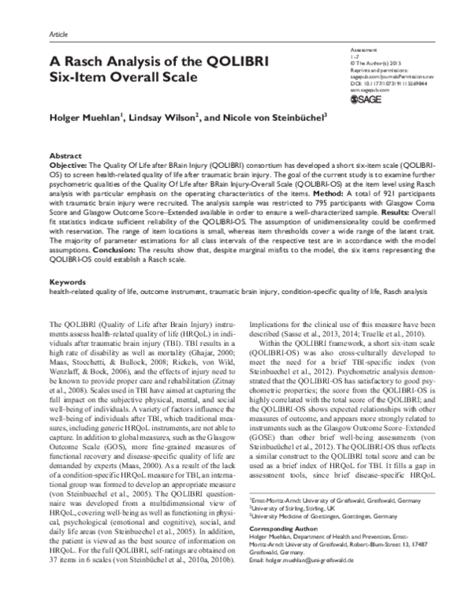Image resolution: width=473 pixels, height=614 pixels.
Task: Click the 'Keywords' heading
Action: (67, 281)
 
